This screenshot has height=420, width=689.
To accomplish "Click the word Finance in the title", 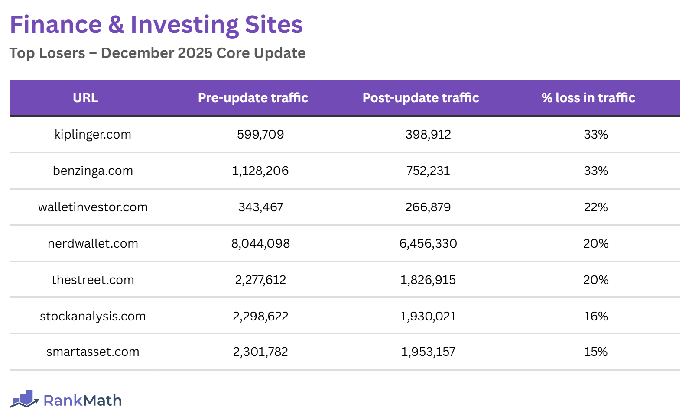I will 56,25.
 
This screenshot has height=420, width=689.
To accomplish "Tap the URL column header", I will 85,98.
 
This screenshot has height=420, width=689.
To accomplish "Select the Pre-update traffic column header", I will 253,98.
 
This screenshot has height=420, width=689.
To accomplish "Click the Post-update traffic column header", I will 421,98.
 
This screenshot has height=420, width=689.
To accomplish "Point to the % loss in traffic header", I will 588,98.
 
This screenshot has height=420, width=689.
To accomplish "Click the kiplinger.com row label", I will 93,135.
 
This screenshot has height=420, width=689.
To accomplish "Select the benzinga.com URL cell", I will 93,171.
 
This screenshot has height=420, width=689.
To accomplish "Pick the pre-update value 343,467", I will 260,207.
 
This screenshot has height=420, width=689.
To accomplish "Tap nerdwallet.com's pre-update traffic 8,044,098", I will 260,244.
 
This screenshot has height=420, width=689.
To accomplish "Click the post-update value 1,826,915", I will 428,280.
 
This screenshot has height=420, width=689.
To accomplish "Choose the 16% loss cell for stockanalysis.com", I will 595,317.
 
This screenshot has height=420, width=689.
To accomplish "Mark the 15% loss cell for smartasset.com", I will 595,352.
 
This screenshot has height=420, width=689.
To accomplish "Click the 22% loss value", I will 595,207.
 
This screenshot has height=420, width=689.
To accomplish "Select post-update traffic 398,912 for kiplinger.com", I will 428,135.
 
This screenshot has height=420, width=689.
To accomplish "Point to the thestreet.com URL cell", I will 93,280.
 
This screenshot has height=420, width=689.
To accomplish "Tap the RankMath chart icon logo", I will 24,399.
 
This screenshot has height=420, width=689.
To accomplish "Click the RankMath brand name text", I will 82,401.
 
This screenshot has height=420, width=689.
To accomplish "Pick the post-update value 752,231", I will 428,171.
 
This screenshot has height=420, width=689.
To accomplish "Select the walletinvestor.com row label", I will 93,207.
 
